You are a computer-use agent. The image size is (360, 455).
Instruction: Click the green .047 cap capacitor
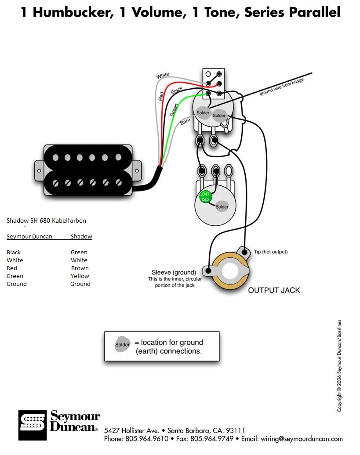pos(205,197)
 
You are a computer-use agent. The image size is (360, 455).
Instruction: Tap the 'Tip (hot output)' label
pos(271,252)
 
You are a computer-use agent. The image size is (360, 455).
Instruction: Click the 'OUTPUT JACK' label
pos(274,290)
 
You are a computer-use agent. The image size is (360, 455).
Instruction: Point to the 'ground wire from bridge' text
pos(281,87)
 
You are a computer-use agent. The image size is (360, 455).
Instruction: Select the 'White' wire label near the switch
pos(163,76)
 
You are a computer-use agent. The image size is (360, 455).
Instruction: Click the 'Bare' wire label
pos(185,121)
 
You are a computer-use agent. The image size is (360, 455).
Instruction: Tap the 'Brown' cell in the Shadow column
pos(80,268)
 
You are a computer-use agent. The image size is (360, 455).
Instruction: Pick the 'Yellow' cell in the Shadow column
pos(80,276)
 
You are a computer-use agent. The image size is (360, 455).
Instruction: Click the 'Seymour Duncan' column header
pos(29,236)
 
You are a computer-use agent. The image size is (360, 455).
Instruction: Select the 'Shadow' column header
pos(81,236)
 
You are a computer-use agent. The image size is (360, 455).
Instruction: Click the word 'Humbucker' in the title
pos(73,12)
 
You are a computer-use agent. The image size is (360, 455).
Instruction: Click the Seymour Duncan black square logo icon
pos(33,425)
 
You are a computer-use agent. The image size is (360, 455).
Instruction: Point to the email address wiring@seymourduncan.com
pos(302,438)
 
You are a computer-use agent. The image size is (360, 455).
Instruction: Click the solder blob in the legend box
pos(122,344)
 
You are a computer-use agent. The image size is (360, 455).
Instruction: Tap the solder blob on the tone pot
pos(222,206)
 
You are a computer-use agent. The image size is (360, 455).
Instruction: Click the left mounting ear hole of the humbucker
pos(39,170)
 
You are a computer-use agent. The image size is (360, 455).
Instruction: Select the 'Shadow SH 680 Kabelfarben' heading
pos(46,220)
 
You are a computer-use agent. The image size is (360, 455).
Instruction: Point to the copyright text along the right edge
pos(339,365)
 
